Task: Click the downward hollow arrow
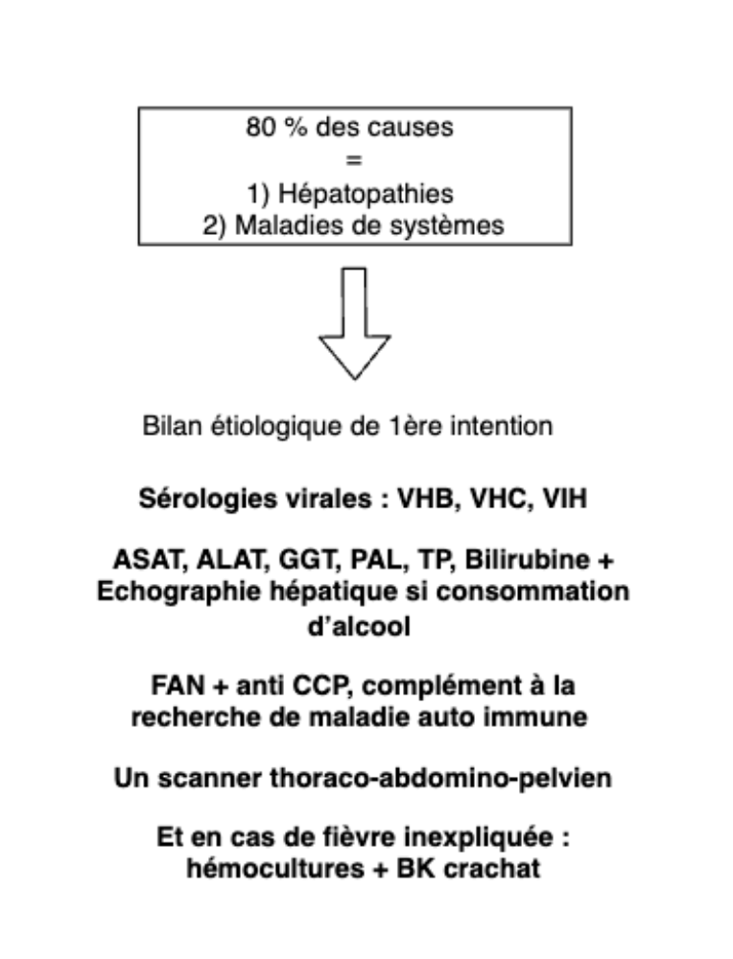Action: [354, 323]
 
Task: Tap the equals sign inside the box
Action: [354, 161]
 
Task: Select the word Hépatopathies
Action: [366, 194]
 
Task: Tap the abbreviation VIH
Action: [565, 499]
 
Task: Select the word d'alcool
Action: [359, 626]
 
